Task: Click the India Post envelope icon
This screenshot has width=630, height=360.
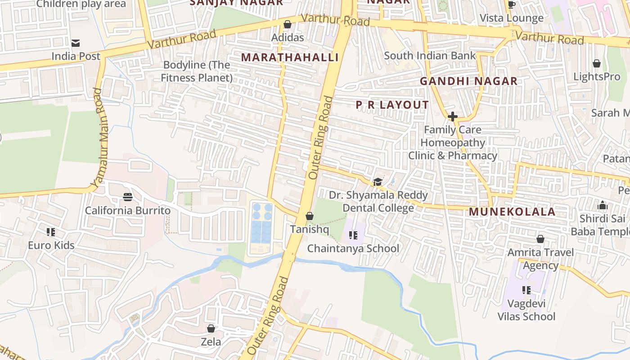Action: (x=76, y=43)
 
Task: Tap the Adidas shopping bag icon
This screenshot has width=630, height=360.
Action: (x=288, y=24)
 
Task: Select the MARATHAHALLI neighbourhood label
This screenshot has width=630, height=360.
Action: (x=290, y=57)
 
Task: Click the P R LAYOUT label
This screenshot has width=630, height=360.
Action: (x=392, y=105)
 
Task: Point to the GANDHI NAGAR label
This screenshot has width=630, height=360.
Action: (x=468, y=81)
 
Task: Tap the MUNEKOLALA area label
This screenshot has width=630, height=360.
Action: (x=512, y=212)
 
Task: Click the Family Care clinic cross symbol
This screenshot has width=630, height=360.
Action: (x=453, y=117)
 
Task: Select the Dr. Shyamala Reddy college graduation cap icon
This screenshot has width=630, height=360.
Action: (x=378, y=182)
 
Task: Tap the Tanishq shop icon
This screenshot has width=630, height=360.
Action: (x=310, y=216)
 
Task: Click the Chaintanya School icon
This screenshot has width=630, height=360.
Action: (x=353, y=235)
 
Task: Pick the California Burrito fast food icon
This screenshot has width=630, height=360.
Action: (x=128, y=197)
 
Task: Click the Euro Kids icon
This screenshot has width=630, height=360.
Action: (x=51, y=232)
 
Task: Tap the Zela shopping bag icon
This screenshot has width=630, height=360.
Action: (x=211, y=328)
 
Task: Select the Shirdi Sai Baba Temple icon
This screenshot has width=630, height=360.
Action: (x=603, y=206)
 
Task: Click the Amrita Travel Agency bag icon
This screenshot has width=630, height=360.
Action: (x=540, y=239)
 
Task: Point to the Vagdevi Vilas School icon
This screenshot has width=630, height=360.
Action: (x=526, y=290)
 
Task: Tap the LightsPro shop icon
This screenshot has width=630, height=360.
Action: (x=597, y=63)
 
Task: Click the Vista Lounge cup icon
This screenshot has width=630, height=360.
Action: (x=511, y=5)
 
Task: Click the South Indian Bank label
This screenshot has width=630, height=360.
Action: (x=430, y=56)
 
